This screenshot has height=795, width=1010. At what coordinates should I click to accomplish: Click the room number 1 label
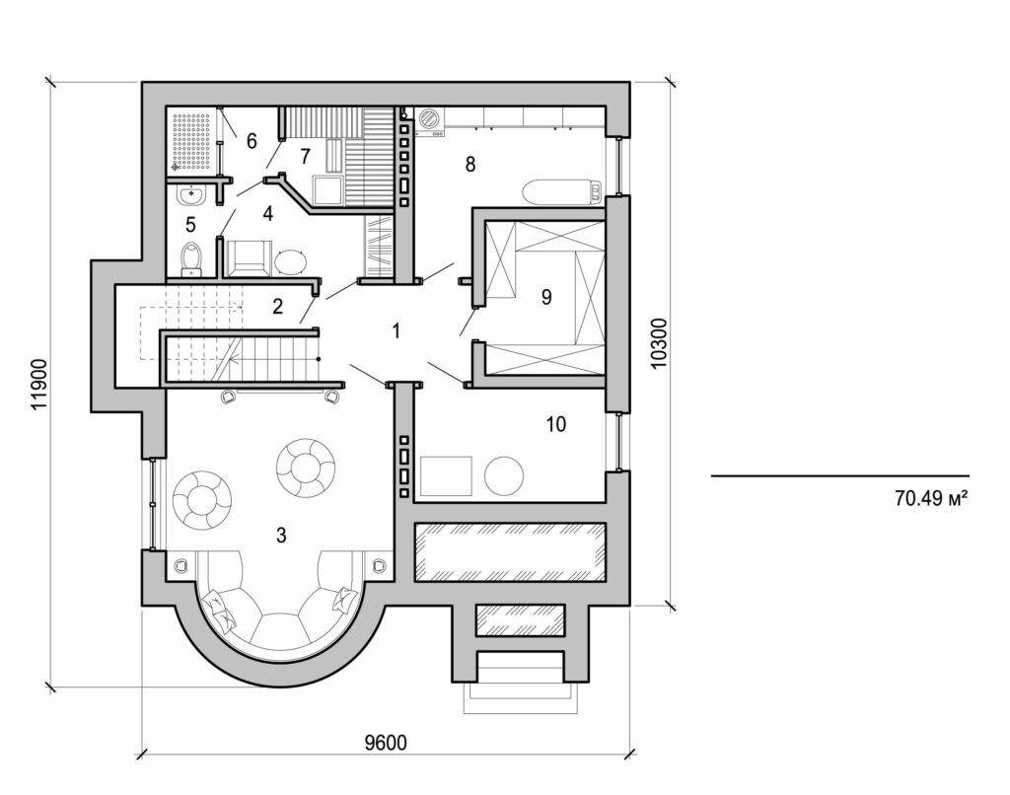(396, 331)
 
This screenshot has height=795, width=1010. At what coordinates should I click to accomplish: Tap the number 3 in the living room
(281, 536)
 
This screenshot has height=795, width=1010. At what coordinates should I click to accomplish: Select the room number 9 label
(545, 298)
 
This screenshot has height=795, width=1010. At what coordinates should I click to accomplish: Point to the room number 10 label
(555, 425)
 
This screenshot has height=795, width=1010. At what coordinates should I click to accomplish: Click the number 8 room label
(470, 165)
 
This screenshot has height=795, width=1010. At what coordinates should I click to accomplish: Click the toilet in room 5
(192, 258)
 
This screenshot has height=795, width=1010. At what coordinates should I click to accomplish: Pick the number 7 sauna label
(305, 155)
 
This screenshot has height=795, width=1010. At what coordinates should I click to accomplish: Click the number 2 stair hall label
(278, 306)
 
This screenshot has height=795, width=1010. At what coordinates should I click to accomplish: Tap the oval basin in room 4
(291, 261)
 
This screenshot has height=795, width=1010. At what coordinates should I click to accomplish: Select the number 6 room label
(251, 141)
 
